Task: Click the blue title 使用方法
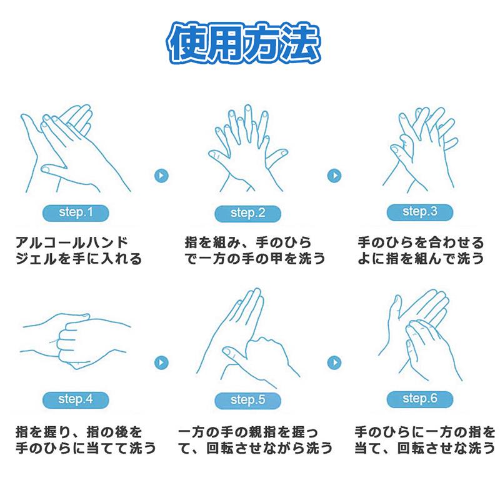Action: coord(244,42)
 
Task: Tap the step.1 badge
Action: coord(76,212)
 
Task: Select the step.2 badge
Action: coord(247,213)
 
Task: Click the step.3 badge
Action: coord(419,212)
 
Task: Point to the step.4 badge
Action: coord(76,399)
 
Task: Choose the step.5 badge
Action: coord(247,400)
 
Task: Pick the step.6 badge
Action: coord(419,399)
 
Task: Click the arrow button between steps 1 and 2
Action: coord(161,176)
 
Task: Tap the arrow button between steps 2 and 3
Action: coord(334,176)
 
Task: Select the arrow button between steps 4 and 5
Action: coord(161,362)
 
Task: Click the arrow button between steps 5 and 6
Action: coord(334,362)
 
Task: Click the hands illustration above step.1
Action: coord(76,148)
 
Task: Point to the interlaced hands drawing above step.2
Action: coord(248,148)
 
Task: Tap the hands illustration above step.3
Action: coord(420,150)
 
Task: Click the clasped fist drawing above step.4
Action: coord(75,341)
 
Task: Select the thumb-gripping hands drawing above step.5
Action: coord(248,338)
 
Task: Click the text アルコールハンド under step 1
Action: coord(72,242)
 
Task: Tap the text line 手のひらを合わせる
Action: coord(421,242)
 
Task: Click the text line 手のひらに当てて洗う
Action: coord(86,447)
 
